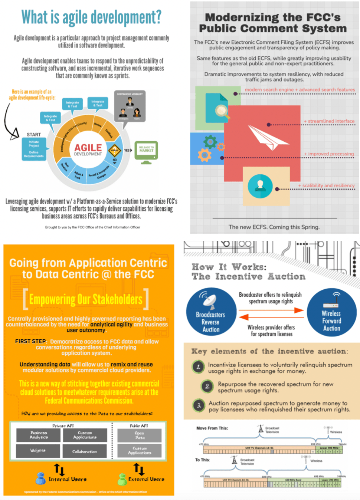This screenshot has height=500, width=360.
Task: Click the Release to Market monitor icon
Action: coord(146,151)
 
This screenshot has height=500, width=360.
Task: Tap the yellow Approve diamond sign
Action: coord(115,150)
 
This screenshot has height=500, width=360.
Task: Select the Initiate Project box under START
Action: coord(34,144)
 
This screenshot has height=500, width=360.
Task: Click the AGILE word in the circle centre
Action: coord(88,148)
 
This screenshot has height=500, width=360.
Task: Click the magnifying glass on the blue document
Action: coord(222,111)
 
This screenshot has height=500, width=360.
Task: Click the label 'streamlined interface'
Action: coord(329,121)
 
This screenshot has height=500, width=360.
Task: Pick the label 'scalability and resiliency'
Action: coord(326,185)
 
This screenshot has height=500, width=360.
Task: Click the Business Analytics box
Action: coord(38,435)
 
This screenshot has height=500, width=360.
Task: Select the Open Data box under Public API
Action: coord(140,435)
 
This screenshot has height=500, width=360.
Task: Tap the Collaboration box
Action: coord(85,451)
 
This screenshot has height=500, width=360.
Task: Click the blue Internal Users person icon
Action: coord(40,479)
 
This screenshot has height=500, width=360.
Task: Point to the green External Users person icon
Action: coord(122,479)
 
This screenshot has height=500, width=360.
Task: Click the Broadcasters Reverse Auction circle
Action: coord(210,312)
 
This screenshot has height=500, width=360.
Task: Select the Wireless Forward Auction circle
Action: coord(331,312)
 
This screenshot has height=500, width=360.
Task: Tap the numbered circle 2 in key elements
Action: coord(207,386)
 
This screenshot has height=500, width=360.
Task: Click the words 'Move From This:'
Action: coord(212,428)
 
